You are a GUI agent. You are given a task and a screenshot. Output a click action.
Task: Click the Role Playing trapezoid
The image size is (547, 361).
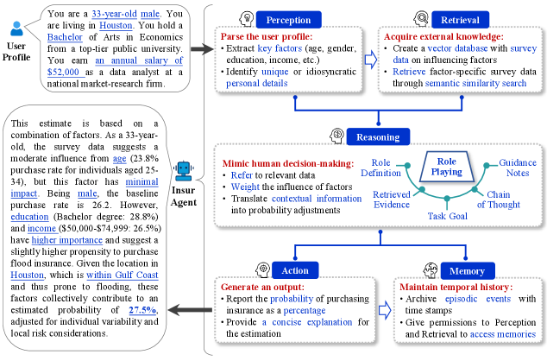click(x=448, y=166)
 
